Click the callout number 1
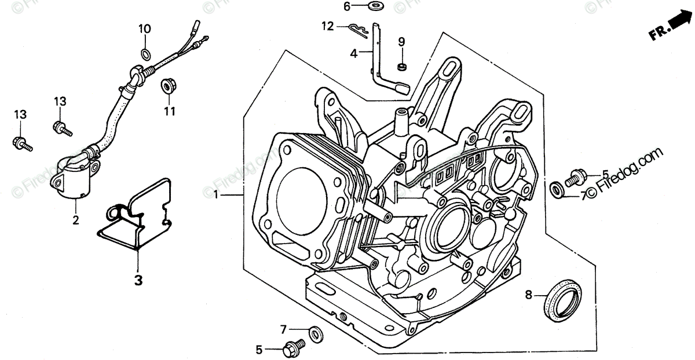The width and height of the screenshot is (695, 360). click(216, 196)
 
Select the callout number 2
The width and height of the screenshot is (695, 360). click(75, 219)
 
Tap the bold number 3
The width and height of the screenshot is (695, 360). click(138, 280)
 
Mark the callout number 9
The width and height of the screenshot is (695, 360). click(401, 41)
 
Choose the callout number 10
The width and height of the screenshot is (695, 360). click(144, 29)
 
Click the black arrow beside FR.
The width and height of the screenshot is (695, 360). click(681, 23)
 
